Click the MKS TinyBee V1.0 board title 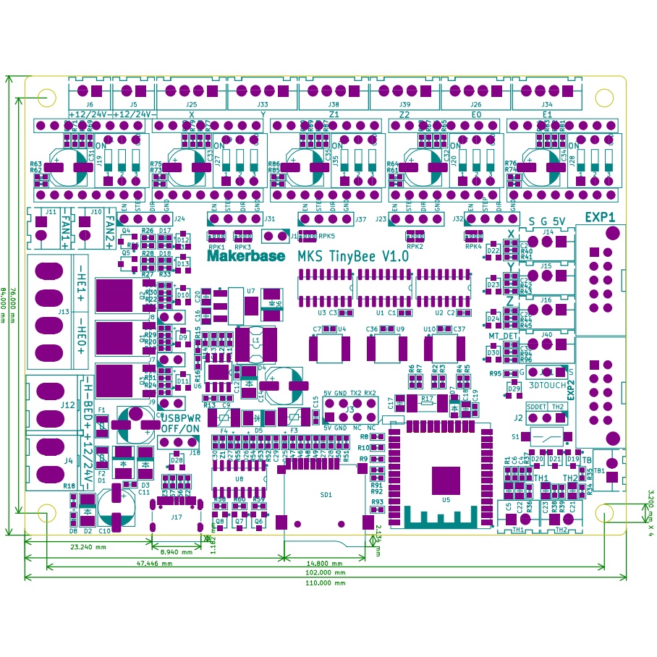[353, 256]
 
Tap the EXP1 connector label [600, 216]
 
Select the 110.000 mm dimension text [325, 582]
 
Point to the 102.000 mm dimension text [325, 572]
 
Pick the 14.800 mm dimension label [325, 562]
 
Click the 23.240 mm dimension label [86, 548]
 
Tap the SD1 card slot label [326, 495]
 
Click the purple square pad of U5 [446, 480]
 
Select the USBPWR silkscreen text [180, 418]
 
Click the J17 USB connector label [176, 517]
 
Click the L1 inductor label [255, 339]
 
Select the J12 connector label [69, 404]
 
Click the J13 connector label [64, 312]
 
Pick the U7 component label [250, 291]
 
